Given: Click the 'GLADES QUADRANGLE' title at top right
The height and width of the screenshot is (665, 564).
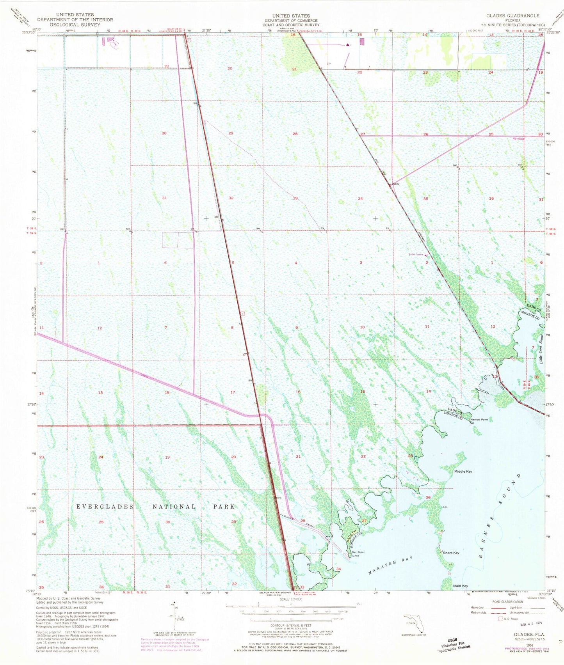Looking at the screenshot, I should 512,16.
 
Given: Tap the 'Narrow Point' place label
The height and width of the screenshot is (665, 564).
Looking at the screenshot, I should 479,420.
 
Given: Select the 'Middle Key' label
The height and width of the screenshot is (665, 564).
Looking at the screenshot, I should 463,472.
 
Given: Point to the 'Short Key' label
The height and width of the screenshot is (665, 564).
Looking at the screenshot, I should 451,553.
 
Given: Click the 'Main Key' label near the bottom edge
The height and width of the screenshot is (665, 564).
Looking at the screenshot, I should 461,586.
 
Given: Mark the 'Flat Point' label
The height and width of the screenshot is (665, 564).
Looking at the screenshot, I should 358,552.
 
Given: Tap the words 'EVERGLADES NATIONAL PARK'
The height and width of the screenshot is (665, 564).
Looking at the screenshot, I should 155,506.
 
